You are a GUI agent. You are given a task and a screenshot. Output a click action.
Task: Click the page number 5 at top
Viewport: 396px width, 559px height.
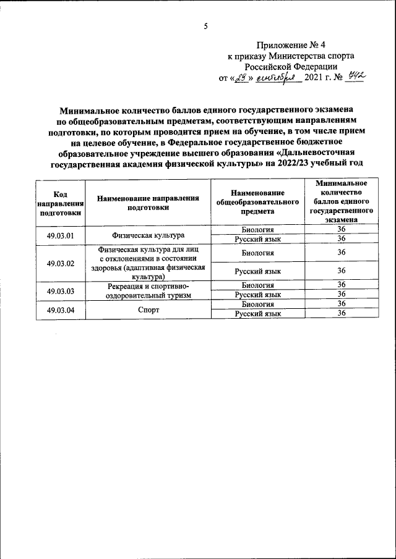point(206,26)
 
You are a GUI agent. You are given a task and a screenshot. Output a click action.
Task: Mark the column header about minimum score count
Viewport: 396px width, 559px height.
point(341,201)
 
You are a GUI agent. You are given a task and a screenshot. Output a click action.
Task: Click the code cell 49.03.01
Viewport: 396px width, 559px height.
point(61,235)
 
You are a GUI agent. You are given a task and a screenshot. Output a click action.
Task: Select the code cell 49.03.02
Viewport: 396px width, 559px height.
point(61,263)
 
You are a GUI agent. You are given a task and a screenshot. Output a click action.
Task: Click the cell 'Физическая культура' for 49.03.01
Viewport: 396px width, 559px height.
point(148,235)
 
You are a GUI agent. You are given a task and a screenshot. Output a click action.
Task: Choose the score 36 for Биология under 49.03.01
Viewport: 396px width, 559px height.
point(341,230)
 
